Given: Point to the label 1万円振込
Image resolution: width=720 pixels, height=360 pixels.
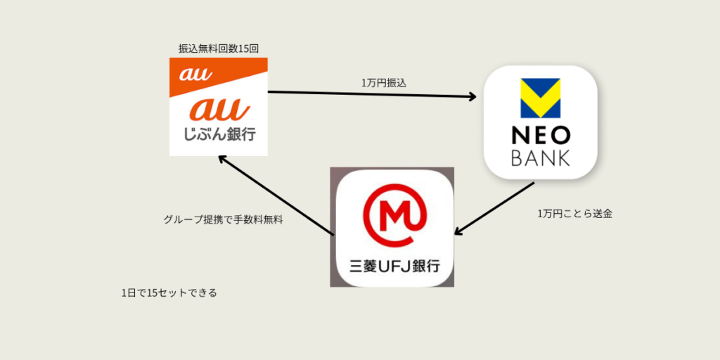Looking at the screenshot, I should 384,83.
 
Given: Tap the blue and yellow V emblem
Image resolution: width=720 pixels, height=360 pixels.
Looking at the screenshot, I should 540,98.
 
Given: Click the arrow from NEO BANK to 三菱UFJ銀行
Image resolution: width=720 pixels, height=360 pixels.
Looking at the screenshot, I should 496,208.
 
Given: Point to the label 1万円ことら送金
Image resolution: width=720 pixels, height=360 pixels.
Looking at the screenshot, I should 574,214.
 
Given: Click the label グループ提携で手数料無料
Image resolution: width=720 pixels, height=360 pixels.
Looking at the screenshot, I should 223,219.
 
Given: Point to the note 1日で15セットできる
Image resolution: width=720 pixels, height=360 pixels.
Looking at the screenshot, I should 169,292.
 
